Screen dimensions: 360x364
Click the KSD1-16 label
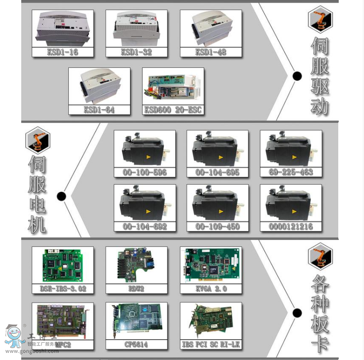pos(62,52)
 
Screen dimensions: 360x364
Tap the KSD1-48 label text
pos(210,52)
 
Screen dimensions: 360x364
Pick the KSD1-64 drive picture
pos(99,87)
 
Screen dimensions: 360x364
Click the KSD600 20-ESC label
pos(173,110)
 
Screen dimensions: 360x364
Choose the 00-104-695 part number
pos(217,172)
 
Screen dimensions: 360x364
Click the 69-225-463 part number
pos(290,172)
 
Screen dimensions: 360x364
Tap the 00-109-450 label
pos(217,226)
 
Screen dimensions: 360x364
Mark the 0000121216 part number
pos(290,226)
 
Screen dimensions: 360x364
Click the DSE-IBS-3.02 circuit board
pos(62,266)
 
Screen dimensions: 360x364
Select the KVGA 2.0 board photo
pos(210,266)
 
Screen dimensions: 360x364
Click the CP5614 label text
pos(136,345)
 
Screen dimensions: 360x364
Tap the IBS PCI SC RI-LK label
pos(210,345)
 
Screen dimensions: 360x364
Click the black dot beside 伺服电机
pos(62,196)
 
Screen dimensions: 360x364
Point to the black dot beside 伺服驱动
pos(297,76)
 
